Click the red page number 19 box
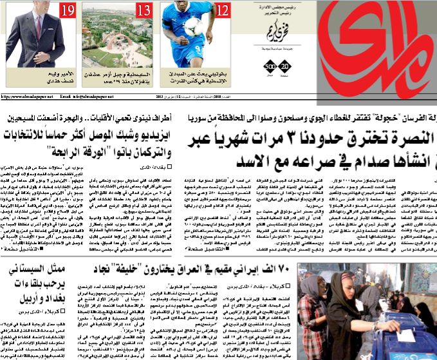pos(68,10)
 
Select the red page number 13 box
pos(144,10)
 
